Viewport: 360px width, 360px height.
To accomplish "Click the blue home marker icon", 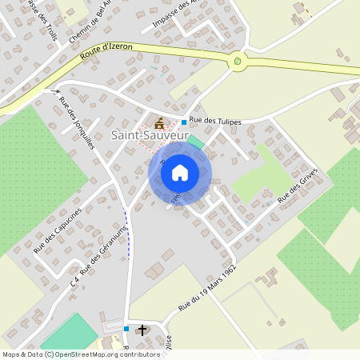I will tap(180, 173).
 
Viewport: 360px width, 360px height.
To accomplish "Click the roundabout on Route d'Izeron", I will tap(238, 61).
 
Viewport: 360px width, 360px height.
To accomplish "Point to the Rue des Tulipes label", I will tap(215, 122).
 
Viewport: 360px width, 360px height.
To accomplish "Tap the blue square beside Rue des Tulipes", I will tap(184, 122).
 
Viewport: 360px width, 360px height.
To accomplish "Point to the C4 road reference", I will tap(74, 280).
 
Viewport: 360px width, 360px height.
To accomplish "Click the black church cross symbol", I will tap(143, 329).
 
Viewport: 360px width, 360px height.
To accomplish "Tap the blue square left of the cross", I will tap(126, 328).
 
